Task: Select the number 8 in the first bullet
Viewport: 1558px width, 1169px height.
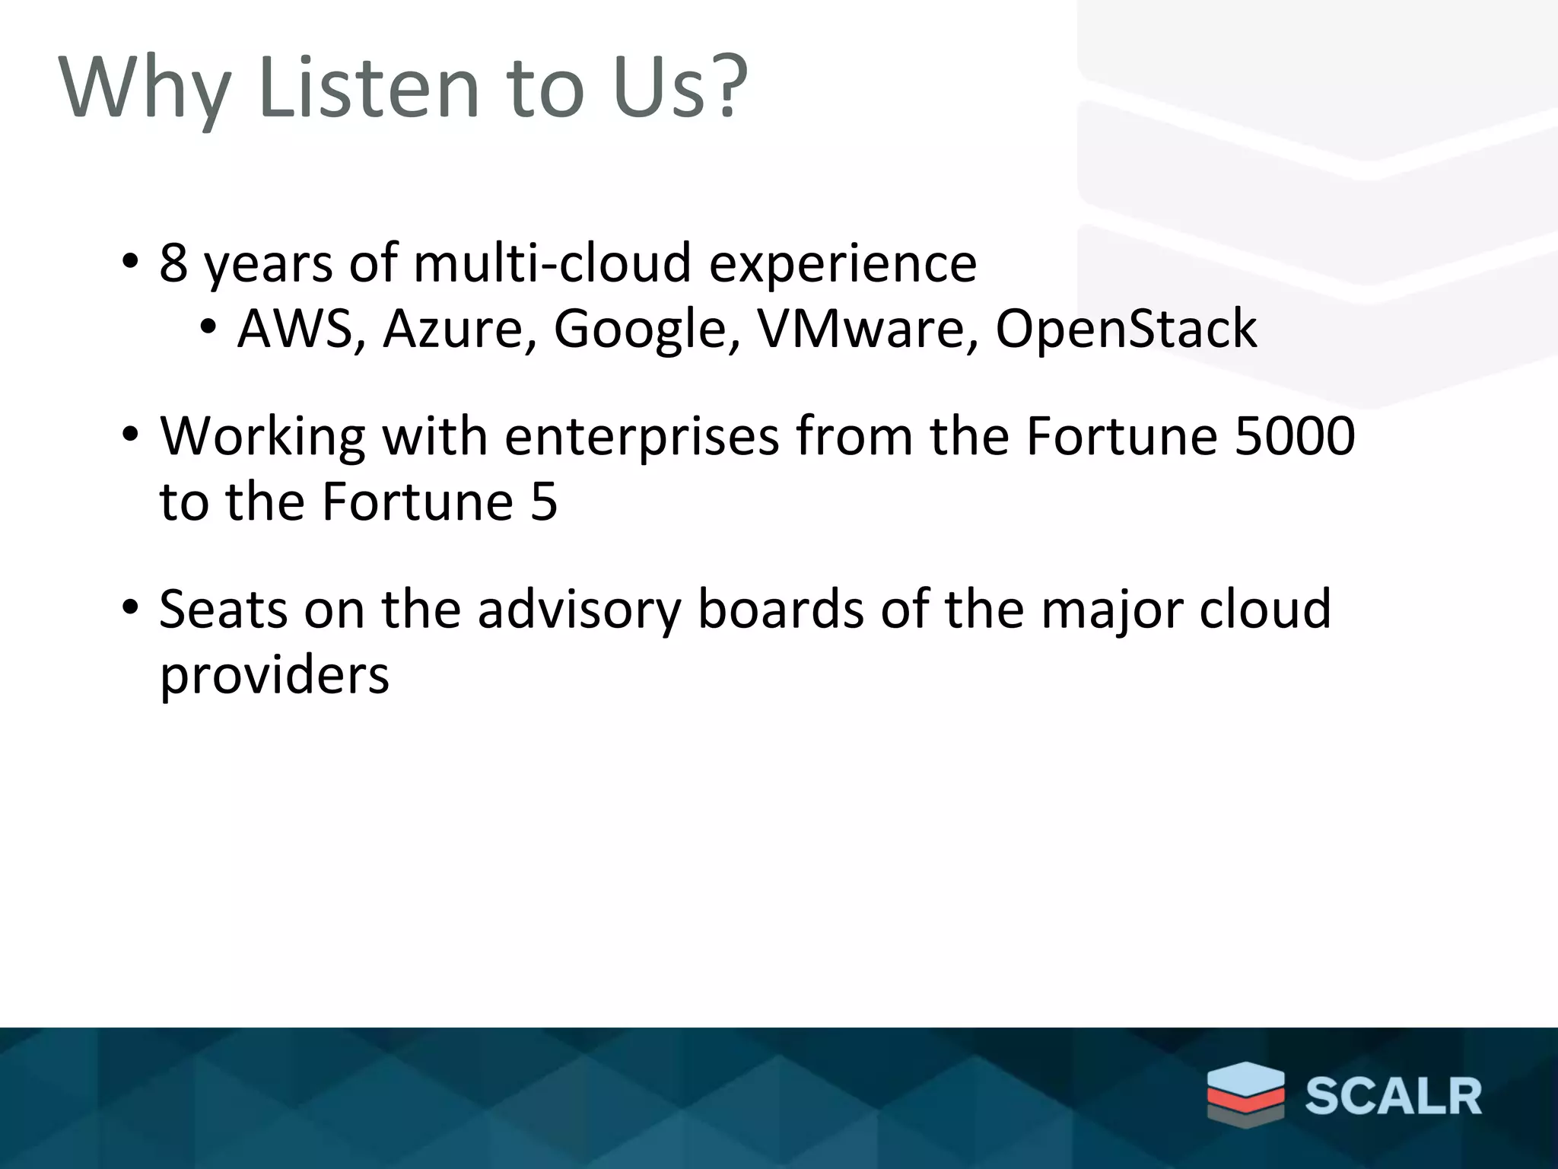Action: click(x=173, y=263)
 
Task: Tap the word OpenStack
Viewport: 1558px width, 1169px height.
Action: click(x=1126, y=329)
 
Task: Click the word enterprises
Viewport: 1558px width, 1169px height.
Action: click(x=641, y=438)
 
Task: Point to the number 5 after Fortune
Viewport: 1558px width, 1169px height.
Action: click(x=544, y=502)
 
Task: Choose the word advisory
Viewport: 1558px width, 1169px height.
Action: click(x=579, y=610)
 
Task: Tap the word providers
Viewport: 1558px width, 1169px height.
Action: click(x=274, y=676)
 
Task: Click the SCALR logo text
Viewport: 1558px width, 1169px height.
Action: click(x=1394, y=1097)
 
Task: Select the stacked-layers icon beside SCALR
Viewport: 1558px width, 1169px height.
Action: click(x=1245, y=1093)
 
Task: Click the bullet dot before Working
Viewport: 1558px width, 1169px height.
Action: click(x=130, y=435)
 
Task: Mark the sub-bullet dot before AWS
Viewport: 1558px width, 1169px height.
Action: click(x=208, y=328)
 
